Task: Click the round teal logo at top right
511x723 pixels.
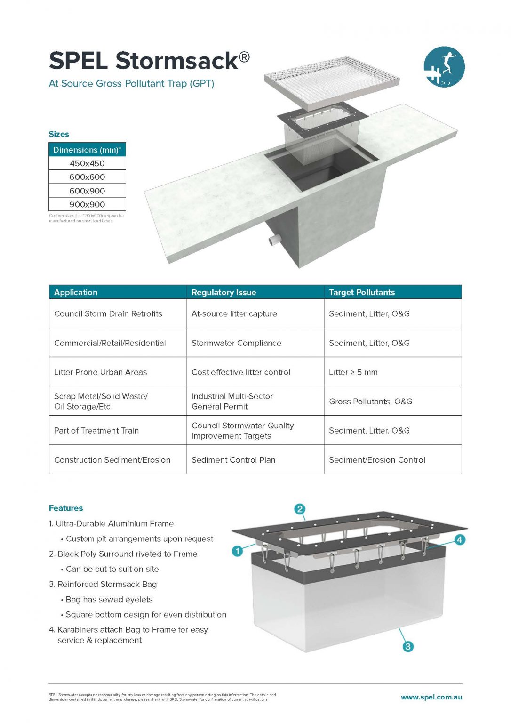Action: [444, 67]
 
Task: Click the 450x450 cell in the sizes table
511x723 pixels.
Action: [87, 163]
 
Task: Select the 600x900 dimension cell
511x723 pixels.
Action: [87, 191]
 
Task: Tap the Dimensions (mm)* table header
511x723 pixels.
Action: [87, 150]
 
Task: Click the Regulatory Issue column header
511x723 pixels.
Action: [224, 292]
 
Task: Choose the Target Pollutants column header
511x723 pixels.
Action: [362, 292]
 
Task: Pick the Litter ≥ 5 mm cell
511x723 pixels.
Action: [353, 372]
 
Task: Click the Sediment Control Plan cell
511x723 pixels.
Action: [233, 460]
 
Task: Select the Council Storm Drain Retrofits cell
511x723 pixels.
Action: [108, 314]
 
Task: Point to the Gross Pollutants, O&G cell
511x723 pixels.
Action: [370, 402]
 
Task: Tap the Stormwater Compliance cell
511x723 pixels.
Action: [236, 343]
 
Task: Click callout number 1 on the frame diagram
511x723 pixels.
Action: [238, 551]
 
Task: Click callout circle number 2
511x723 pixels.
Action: [300, 509]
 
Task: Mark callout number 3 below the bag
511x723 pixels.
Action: [408, 646]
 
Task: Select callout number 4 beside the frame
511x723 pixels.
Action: [459, 540]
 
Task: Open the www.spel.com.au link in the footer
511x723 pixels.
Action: [431, 697]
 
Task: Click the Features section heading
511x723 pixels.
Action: [66, 508]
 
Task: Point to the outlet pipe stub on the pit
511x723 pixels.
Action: [274, 240]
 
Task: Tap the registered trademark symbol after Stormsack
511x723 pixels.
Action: [244, 57]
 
